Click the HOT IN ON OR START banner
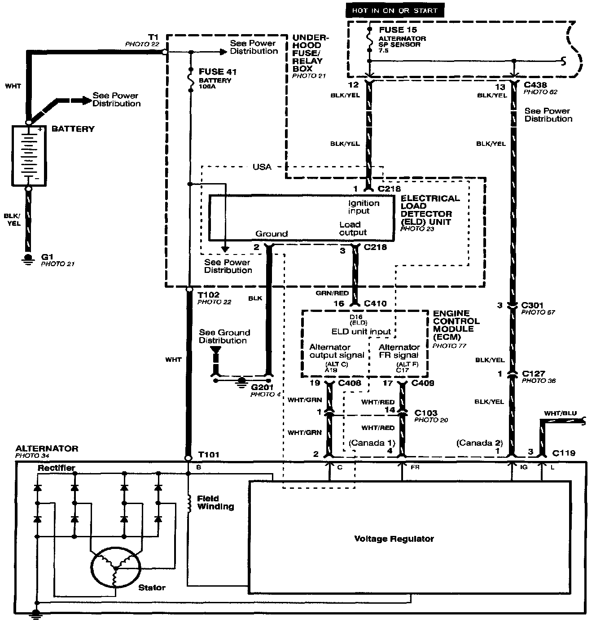click(x=394, y=10)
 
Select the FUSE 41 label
click(x=218, y=72)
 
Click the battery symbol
click(x=29, y=155)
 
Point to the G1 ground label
click(x=48, y=257)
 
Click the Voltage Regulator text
click(x=394, y=539)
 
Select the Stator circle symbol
click(x=115, y=566)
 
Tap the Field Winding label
click(x=215, y=502)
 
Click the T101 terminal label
click(x=209, y=455)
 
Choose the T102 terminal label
click(x=209, y=294)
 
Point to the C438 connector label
click(x=535, y=85)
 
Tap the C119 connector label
click(x=564, y=453)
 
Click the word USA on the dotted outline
click(x=262, y=167)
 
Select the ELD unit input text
click(x=361, y=332)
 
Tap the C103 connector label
click(x=426, y=412)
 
